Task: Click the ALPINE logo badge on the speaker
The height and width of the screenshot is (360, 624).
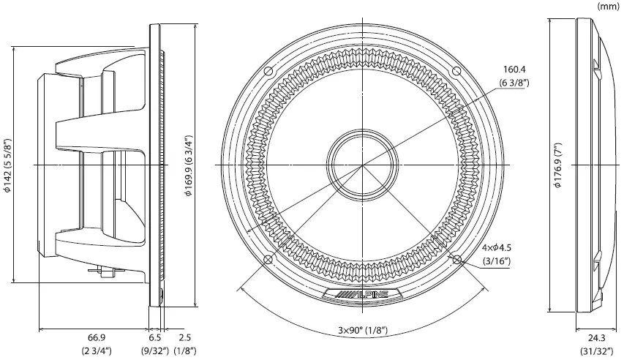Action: point(362,294)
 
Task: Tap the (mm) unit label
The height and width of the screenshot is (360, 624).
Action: point(608,6)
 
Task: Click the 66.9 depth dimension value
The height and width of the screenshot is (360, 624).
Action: point(96,337)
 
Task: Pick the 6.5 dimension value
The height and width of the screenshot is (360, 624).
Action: point(155,337)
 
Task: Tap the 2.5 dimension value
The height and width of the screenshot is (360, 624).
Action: point(184,337)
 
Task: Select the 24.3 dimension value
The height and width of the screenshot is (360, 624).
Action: point(597,337)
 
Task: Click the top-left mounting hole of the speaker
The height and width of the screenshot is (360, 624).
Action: point(268,71)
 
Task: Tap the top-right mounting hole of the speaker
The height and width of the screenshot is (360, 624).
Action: point(456,71)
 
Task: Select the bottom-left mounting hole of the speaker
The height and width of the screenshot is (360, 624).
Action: point(268,260)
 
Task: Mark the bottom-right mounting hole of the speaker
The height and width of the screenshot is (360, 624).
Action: point(456,260)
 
